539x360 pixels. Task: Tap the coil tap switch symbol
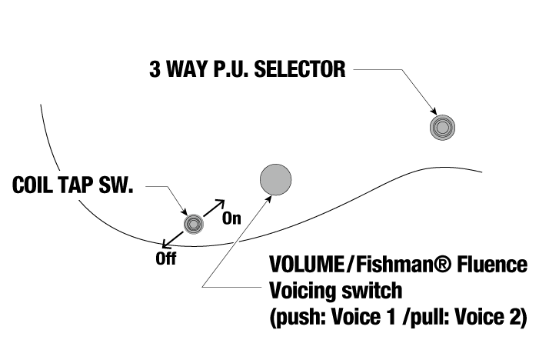(x=194, y=223)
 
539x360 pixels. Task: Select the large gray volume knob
(x=275, y=179)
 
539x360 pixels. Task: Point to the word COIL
(x=36, y=186)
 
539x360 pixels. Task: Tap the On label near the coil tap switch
(x=231, y=218)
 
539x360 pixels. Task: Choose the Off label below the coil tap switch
(x=165, y=259)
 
